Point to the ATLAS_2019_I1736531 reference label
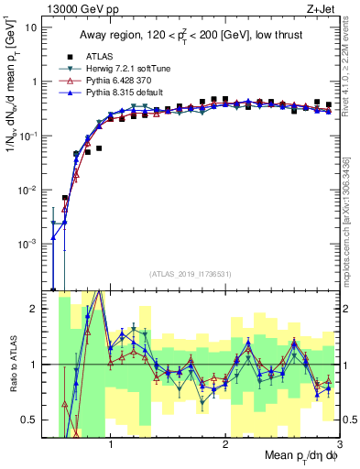click(x=191, y=273)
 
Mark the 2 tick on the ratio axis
click(x=34, y=309)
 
